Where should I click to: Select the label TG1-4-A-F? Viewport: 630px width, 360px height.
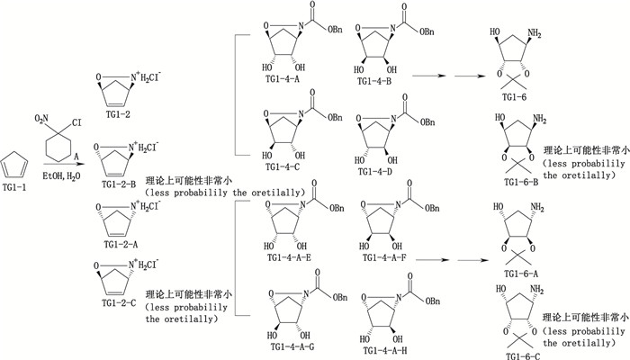point(389,258)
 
